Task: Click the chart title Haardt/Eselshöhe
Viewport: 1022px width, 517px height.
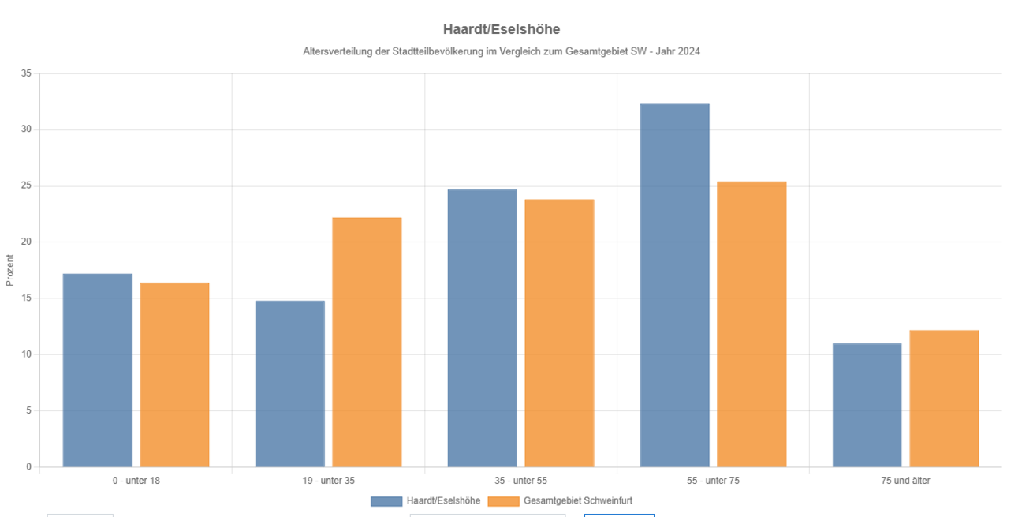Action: pyautogui.click(x=502, y=29)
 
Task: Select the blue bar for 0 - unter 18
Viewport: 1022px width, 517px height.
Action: pyautogui.click(x=98, y=370)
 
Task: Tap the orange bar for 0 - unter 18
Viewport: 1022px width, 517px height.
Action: pyautogui.click(x=174, y=375)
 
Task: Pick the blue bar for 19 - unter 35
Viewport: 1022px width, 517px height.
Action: pyautogui.click(x=289, y=384)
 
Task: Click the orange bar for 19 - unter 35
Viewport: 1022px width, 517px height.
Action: pyautogui.click(x=367, y=342)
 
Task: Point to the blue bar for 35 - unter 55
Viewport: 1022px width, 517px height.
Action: pyautogui.click(x=482, y=328)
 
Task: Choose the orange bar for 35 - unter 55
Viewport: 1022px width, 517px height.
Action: pyautogui.click(x=559, y=333)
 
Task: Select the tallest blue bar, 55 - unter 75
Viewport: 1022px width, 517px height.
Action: pyautogui.click(x=674, y=285)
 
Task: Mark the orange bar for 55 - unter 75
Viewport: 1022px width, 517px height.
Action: pyautogui.click(x=752, y=324)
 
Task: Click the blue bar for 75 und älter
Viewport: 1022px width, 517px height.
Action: pyautogui.click(x=867, y=405)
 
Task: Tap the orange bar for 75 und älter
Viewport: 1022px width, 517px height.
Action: pyautogui.click(x=944, y=399)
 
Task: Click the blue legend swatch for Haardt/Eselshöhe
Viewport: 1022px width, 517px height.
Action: pyautogui.click(x=386, y=501)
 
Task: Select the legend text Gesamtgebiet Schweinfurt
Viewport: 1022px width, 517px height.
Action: pyautogui.click(x=578, y=501)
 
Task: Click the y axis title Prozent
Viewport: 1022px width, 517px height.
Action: pyautogui.click(x=10, y=270)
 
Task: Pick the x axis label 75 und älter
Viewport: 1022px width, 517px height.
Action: pyautogui.click(x=905, y=481)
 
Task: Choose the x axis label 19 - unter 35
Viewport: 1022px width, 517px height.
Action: pyautogui.click(x=328, y=481)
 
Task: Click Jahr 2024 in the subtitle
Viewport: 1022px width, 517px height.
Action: pyautogui.click(x=680, y=51)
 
